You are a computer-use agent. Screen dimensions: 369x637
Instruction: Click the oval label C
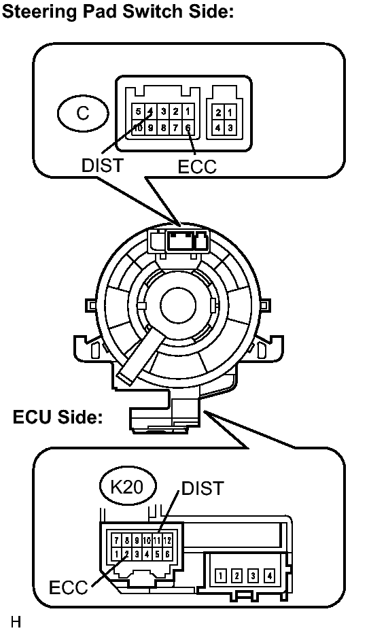click(x=83, y=113)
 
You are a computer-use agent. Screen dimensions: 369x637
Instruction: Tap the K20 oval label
click(x=128, y=486)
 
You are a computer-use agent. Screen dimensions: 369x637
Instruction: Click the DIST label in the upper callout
click(x=102, y=165)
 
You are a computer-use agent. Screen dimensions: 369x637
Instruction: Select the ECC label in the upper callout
click(x=197, y=167)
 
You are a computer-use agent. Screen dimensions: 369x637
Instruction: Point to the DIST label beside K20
click(x=203, y=488)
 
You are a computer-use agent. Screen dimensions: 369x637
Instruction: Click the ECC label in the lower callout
click(x=68, y=587)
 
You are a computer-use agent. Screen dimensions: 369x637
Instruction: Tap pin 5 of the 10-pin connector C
click(x=138, y=111)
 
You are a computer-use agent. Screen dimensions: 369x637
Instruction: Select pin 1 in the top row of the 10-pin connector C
click(x=188, y=111)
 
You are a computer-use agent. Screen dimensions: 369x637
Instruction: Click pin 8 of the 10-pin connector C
click(x=163, y=128)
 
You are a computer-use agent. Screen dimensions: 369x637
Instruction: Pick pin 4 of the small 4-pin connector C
click(x=218, y=128)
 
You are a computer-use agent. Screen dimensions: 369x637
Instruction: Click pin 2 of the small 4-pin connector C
click(x=218, y=113)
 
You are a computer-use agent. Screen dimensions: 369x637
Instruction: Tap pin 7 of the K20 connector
click(x=116, y=540)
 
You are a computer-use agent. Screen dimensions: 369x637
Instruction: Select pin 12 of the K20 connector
click(x=167, y=540)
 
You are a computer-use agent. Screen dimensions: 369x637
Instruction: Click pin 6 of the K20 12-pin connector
click(x=167, y=553)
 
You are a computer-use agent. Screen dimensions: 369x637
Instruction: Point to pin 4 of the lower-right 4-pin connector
click(x=269, y=575)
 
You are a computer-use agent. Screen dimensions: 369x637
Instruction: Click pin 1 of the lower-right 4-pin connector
click(x=220, y=575)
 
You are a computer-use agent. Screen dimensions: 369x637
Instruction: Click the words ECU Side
click(x=58, y=417)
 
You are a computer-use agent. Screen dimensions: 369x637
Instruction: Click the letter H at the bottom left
click(x=16, y=622)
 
